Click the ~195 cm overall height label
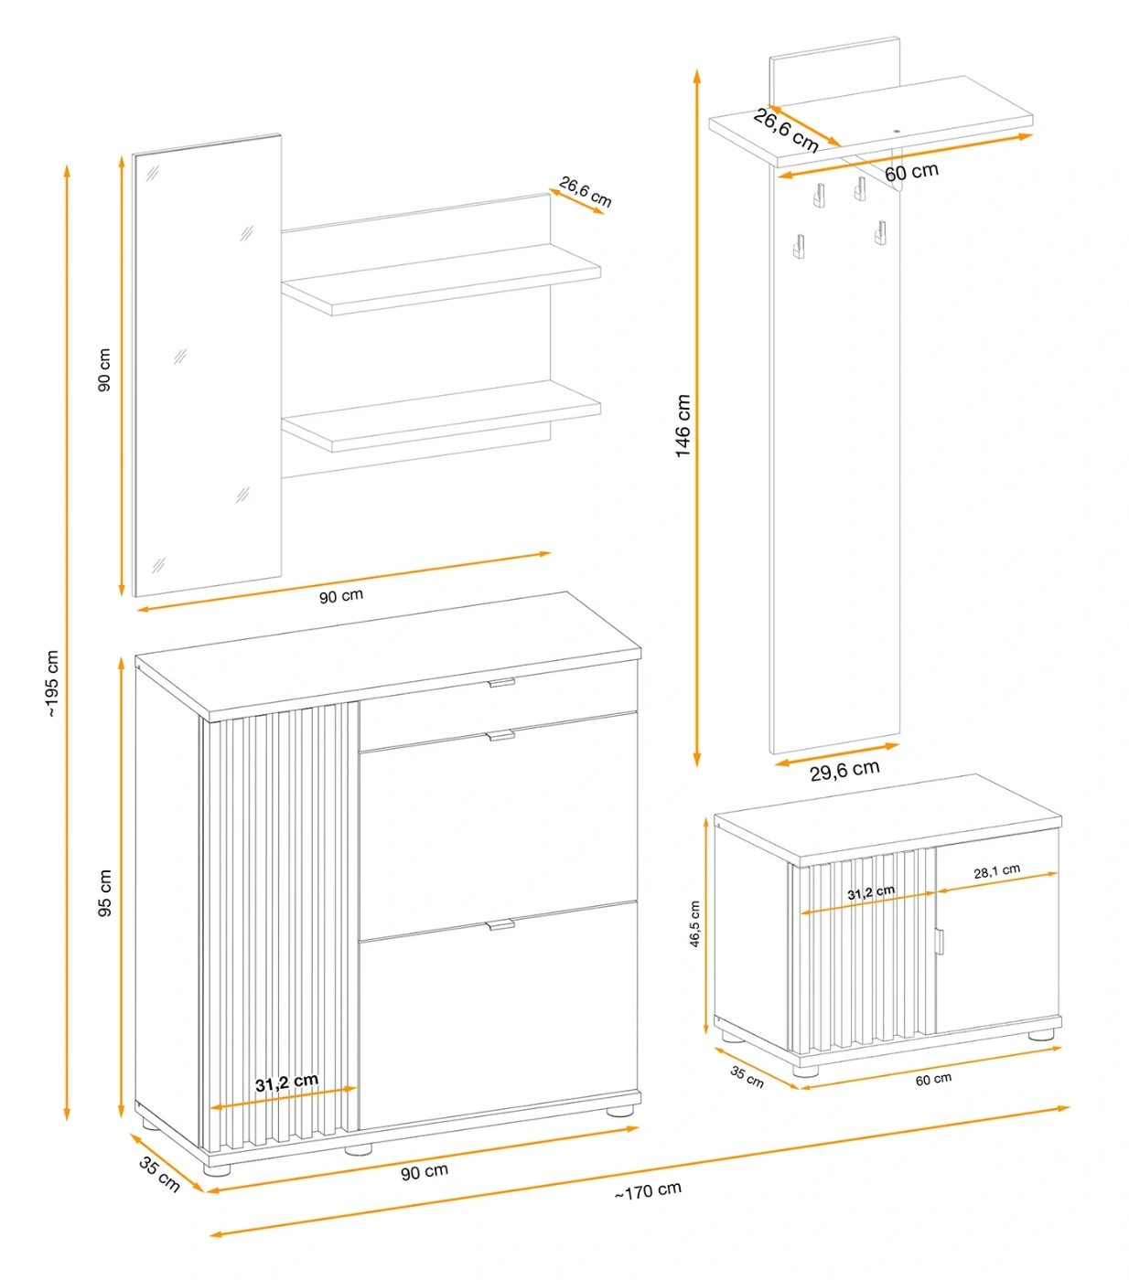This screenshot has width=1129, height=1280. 52,683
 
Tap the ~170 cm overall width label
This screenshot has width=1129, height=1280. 648,1190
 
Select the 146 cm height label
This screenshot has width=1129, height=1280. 683,426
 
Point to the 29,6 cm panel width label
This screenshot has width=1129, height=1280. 844,770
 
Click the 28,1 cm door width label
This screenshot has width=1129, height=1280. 997,871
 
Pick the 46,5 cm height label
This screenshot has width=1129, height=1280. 694,923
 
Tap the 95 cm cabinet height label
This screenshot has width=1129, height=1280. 105,892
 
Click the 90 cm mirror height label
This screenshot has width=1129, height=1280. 104,369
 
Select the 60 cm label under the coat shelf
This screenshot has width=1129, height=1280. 911,172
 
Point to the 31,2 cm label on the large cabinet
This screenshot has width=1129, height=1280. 286,1083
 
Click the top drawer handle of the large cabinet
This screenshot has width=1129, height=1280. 501,683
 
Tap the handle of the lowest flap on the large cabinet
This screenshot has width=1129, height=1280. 500,925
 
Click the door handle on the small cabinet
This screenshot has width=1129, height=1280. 940,942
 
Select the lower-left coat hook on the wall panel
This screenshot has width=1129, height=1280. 799,246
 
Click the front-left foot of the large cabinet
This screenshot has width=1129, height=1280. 217,1169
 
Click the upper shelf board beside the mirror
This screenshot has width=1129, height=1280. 441,280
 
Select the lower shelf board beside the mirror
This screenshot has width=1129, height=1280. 441,416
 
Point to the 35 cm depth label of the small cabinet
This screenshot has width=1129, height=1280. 747,1076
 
